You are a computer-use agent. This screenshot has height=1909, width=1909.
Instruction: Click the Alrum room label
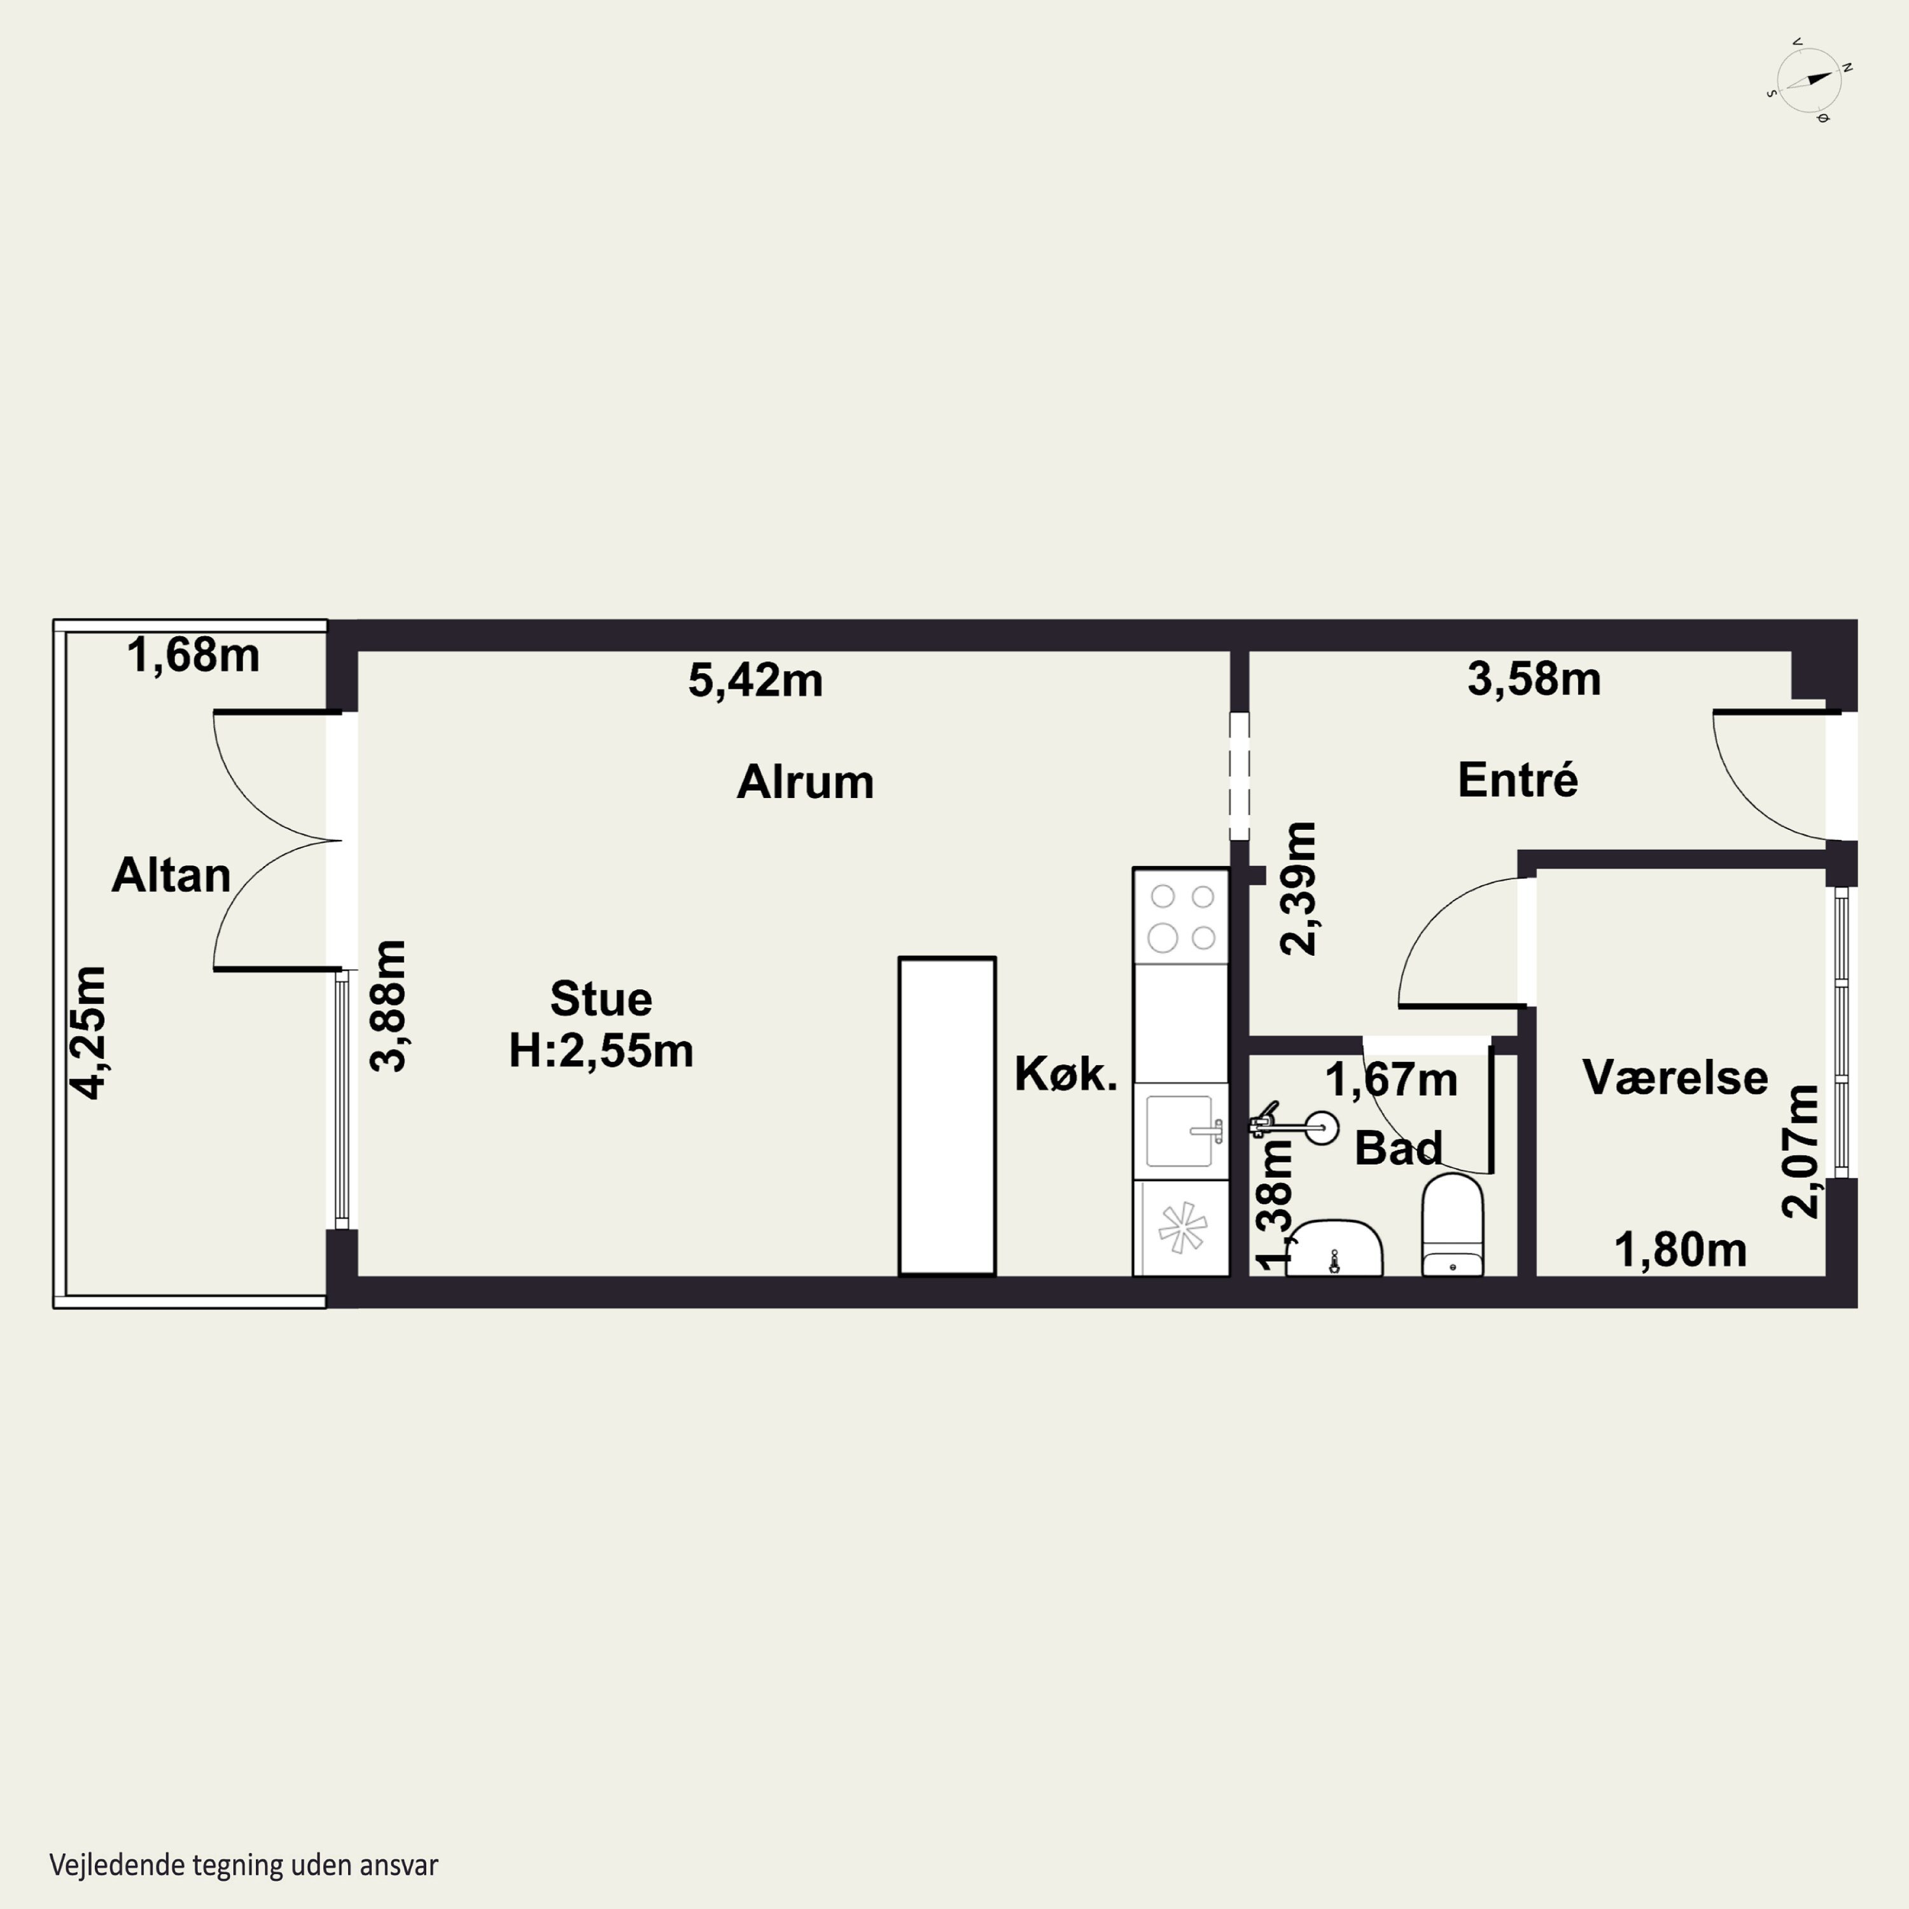[806, 781]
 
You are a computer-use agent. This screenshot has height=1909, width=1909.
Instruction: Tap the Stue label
[601, 999]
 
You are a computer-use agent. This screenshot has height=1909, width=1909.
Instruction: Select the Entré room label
[1518, 780]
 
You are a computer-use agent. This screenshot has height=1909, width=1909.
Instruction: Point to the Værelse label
[1675, 1077]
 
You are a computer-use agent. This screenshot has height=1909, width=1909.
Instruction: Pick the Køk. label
[1066, 1074]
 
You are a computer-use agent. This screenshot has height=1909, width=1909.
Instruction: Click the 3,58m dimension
[1534, 679]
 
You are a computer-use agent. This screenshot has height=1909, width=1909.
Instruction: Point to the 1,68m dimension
[193, 655]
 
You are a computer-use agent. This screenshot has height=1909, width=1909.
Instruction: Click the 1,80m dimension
[1681, 1250]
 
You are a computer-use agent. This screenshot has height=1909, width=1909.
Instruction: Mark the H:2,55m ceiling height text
[601, 1051]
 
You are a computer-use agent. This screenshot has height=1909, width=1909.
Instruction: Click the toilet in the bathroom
[1453, 1224]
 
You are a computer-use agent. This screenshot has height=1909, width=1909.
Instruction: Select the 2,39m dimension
[1298, 888]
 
